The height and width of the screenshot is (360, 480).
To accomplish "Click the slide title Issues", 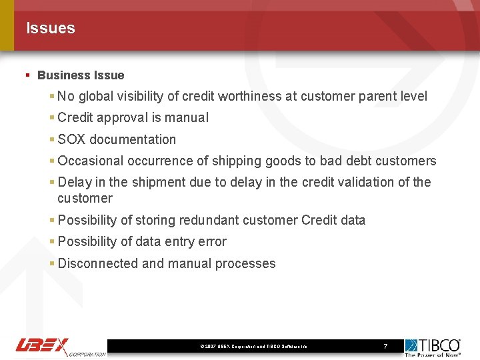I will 51,28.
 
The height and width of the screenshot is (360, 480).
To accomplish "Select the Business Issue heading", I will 81,75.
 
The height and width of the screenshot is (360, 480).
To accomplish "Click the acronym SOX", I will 72,139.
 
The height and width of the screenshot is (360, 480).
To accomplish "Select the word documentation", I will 133,139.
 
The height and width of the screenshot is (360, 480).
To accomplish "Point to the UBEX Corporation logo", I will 60,346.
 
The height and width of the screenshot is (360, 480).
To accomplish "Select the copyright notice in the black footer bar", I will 253,347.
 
